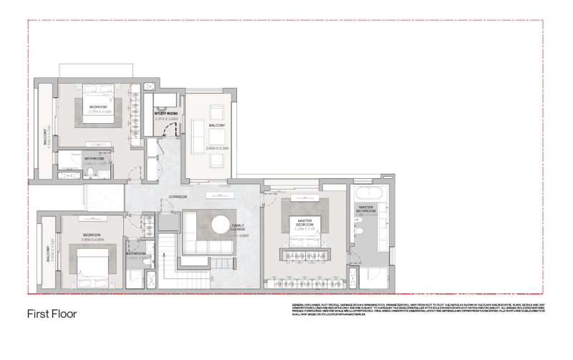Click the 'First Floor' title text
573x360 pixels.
(x=52, y=313)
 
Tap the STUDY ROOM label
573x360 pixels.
(x=165, y=113)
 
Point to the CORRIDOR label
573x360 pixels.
(x=178, y=197)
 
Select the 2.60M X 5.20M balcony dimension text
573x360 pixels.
(x=216, y=148)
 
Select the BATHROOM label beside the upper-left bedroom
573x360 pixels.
(x=95, y=158)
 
